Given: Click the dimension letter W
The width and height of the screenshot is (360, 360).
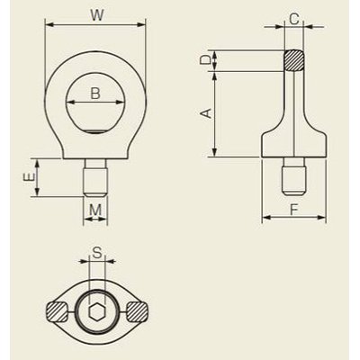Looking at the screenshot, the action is (96, 15).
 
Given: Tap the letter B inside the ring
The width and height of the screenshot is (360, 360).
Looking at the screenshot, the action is (95, 94).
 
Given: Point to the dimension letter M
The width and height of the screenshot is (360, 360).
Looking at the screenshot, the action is (95, 210).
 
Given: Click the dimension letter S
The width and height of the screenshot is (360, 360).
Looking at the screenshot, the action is (96, 254).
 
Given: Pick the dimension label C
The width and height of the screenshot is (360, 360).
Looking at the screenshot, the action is (294, 20).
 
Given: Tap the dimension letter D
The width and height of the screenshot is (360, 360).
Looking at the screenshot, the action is (205, 60).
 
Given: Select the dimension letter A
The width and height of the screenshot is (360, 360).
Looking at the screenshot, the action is (205, 113).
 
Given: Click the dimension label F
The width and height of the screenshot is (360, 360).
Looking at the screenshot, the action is (294, 210).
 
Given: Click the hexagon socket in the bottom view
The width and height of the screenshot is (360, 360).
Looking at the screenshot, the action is (96, 312).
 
